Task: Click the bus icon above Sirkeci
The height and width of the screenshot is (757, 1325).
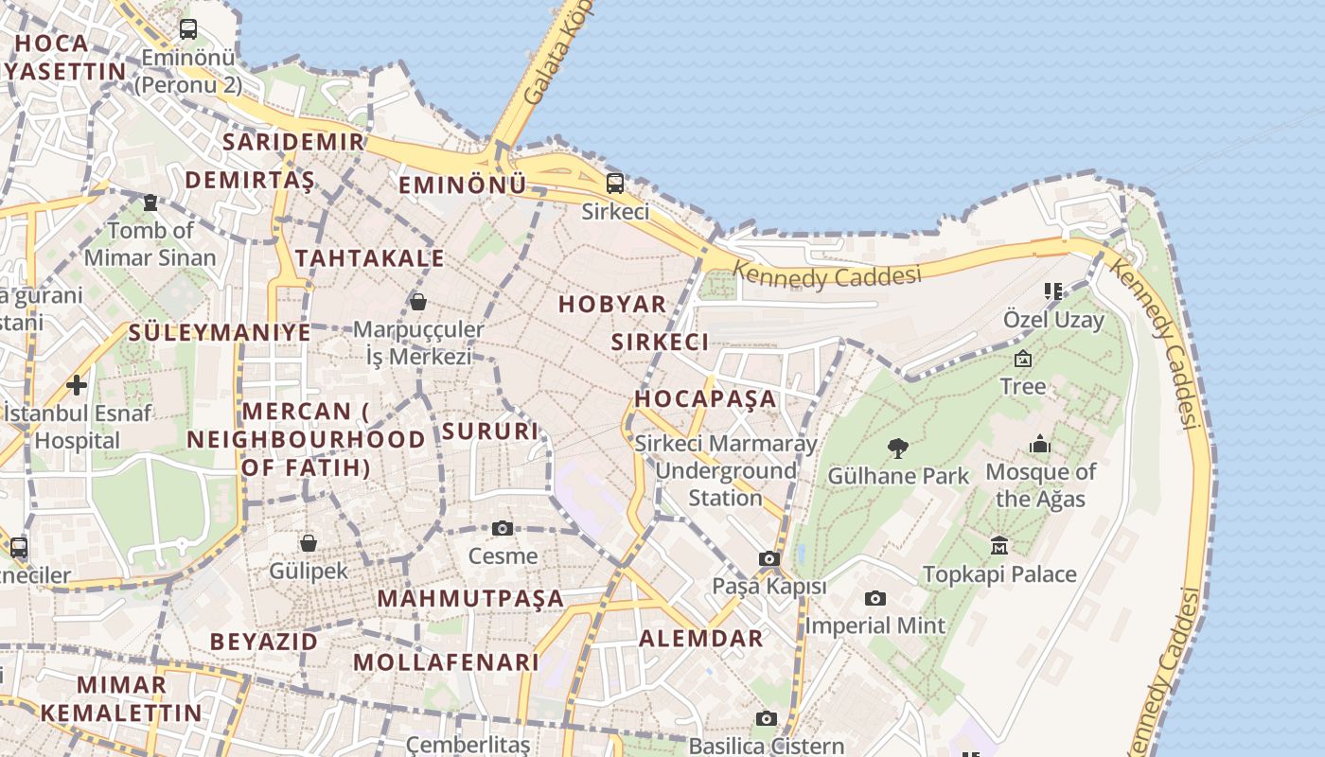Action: (615, 183)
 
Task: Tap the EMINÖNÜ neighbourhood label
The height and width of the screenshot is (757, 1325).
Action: (462, 185)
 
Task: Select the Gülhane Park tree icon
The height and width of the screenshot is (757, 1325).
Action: (898, 448)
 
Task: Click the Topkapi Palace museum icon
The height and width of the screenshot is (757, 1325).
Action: (999, 546)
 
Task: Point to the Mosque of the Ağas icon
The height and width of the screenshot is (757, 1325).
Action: (1040, 444)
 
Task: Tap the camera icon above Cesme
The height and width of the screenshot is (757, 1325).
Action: (503, 528)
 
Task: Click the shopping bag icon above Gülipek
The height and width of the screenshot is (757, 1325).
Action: (309, 543)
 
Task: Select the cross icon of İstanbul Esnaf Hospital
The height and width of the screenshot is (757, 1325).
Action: (77, 385)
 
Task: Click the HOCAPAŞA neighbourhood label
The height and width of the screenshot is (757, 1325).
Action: (705, 398)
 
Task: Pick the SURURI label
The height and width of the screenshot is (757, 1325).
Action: (489, 431)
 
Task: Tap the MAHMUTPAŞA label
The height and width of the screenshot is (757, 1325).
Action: (470, 598)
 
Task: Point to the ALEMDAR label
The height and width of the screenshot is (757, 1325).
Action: (701, 638)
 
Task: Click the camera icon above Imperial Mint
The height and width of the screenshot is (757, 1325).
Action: (875, 598)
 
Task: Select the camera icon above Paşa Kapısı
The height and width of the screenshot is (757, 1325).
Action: (769, 559)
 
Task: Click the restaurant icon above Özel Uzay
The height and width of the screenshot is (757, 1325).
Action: (1052, 290)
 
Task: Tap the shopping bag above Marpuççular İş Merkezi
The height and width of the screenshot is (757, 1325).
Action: (417, 302)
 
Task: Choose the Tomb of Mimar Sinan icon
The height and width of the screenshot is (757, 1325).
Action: (150, 202)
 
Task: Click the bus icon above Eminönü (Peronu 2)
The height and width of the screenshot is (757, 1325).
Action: (188, 29)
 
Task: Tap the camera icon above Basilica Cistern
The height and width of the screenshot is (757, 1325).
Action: (767, 718)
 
